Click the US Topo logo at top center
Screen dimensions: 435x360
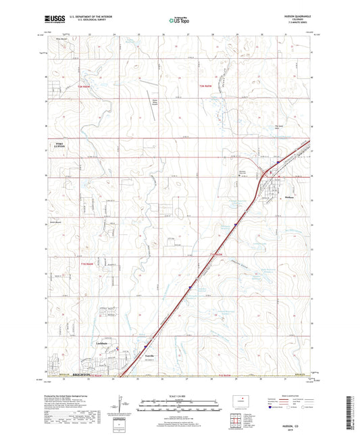point(179,21)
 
